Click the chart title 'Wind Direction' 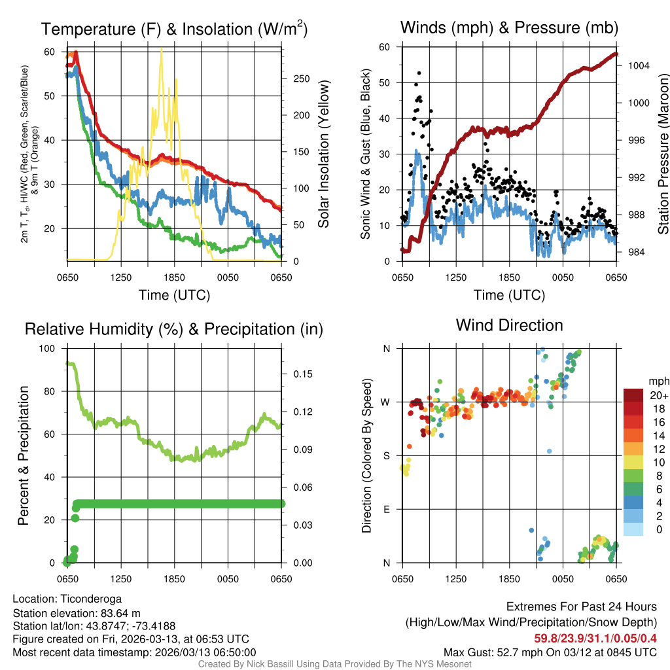point(509,325)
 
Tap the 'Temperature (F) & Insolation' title point(174,29)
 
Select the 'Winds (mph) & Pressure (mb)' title point(509,27)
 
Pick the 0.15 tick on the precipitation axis point(298,374)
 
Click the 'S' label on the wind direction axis point(387,455)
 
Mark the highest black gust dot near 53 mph point(419,73)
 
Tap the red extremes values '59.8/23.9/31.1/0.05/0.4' point(595,639)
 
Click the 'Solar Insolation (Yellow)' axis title point(323,154)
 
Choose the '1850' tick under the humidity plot point(175,579)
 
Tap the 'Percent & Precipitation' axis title point(24,455)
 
